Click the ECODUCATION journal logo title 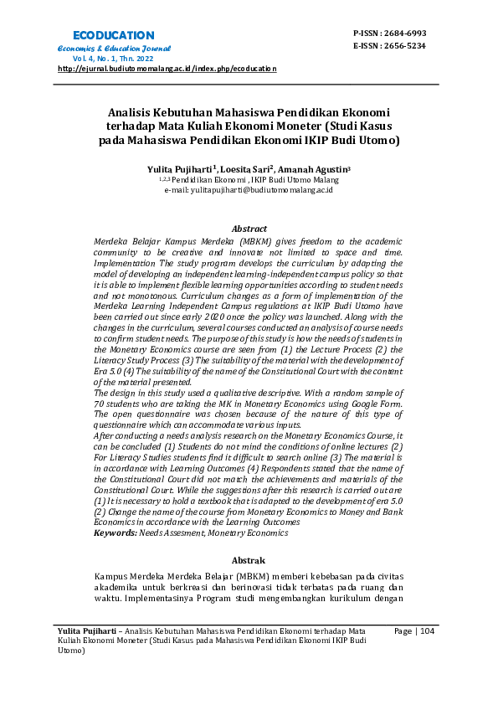pyautogui.click(x=114, y=35)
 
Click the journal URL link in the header pyautogui.click(x=167, y=69)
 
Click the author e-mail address pyautogui.click(x=249, y=190)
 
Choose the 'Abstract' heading pyautogui.click(x=249, y=229)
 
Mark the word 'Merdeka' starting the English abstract pyautogui.click(x=110, y=240)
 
